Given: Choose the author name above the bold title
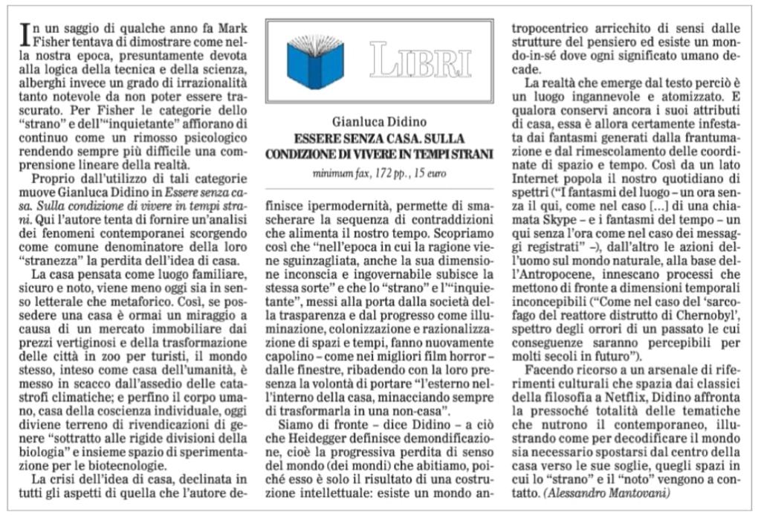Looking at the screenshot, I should pos(379,123).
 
